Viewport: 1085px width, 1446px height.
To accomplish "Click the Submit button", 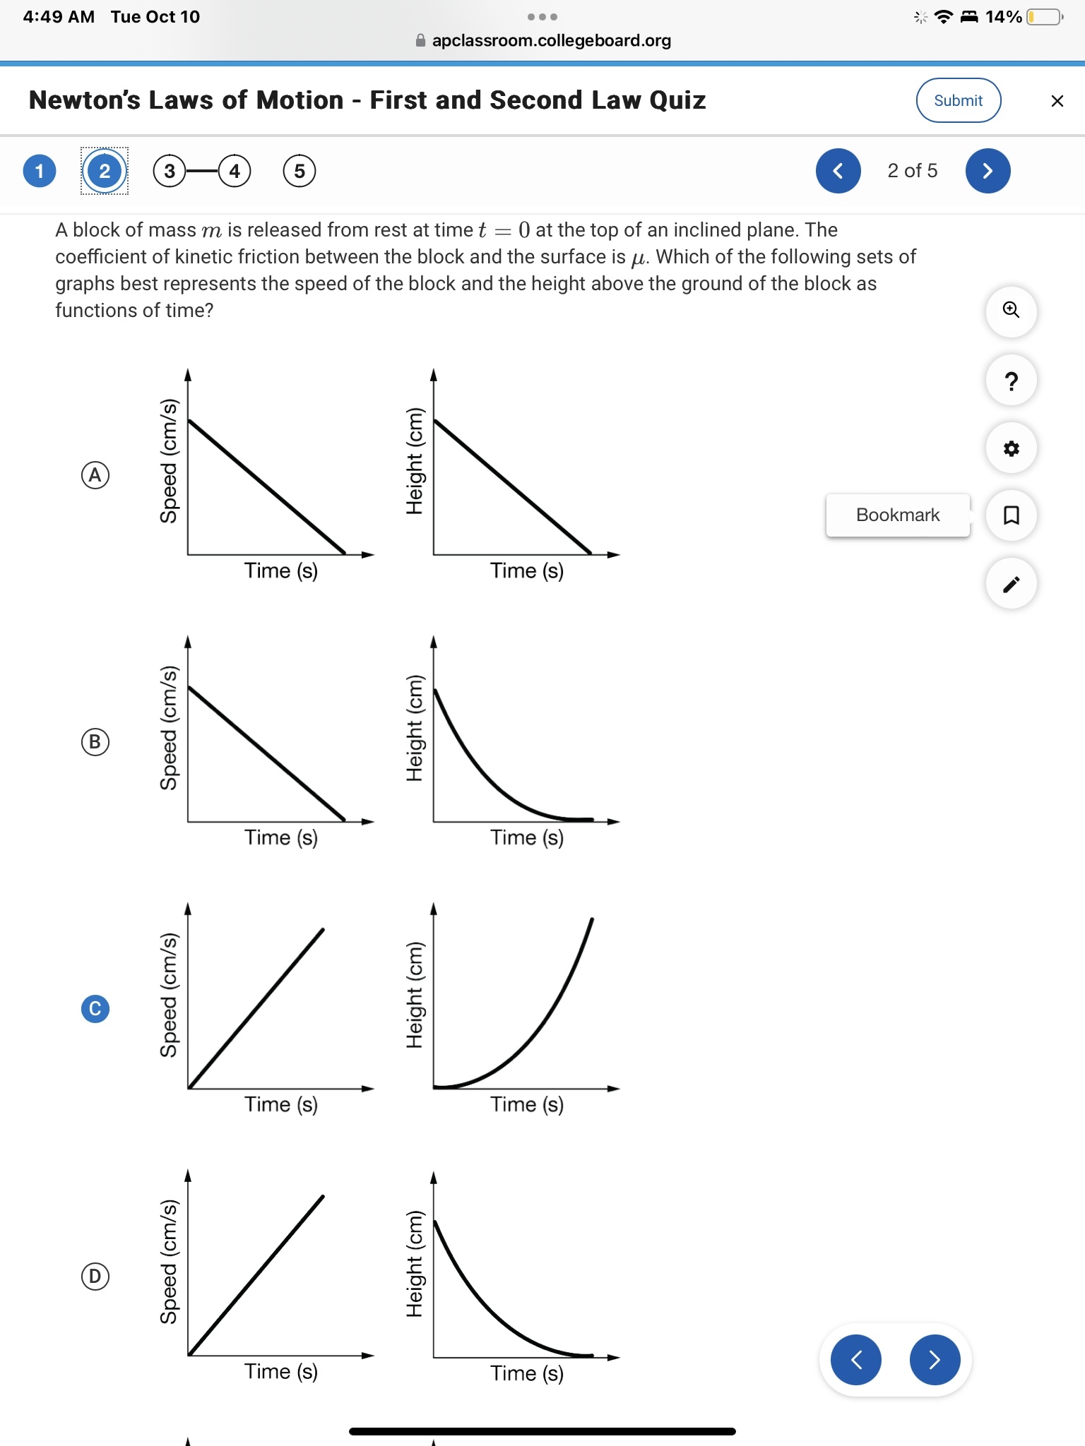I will tap(958, 100).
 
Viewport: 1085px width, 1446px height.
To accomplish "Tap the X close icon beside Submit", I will tap(1057, 101).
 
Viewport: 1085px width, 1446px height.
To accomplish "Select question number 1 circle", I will tap(40, 171).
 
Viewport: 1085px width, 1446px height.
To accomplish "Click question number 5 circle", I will tap(300, 171).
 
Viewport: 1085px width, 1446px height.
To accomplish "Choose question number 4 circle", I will tap(235, 171).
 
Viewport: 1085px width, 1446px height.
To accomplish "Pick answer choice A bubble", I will tap(95, 474).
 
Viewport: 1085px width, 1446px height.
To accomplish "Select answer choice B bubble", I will tap(95, 742).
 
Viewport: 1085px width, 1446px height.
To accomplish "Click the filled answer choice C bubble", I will tap(95, 1008).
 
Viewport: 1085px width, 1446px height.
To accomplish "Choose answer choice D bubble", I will tap(95, 1276).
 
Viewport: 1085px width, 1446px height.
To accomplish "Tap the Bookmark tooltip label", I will tap(897, 515).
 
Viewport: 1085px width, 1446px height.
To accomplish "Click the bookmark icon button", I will tap(1011, 515).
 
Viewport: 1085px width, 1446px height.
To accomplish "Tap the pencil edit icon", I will tap(1011, 584).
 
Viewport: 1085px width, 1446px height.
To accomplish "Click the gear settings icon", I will tap(1011, 448).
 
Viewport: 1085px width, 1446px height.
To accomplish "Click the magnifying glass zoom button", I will tap(1011, 310).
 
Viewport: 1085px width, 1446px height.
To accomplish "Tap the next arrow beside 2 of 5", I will tap(988, 171).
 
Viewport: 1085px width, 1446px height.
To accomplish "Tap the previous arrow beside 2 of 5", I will tap(838, 171).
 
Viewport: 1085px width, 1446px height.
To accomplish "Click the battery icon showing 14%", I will tap(1045, 17).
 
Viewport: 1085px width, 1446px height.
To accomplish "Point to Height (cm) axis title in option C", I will tap(415, 996).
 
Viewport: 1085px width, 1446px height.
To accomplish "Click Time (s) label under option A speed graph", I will tap(281, 570).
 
